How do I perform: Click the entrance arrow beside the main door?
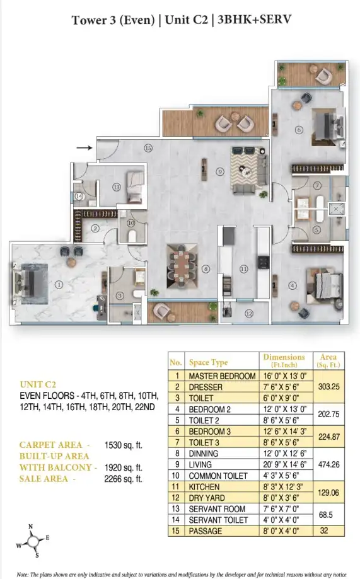coord(84,148)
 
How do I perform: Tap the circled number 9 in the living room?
coord(220,172)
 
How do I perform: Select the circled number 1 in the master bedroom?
coord(59,285)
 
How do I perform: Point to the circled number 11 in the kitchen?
coord(243,269)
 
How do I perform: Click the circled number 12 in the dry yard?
coord(249,314)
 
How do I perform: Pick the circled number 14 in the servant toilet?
coord(79,197)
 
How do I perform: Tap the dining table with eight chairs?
coord(182,266)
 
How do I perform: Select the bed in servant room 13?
coord(134,186)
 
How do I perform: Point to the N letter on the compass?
coord(31,527)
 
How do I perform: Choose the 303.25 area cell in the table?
coord(329,387)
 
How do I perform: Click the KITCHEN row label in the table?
coord(204,486)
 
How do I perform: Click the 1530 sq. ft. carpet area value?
coord(124,445)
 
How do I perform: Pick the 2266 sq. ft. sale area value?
coord(124,479)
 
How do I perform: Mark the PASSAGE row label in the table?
coord(206,531)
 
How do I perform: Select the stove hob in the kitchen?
coord(264,262)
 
